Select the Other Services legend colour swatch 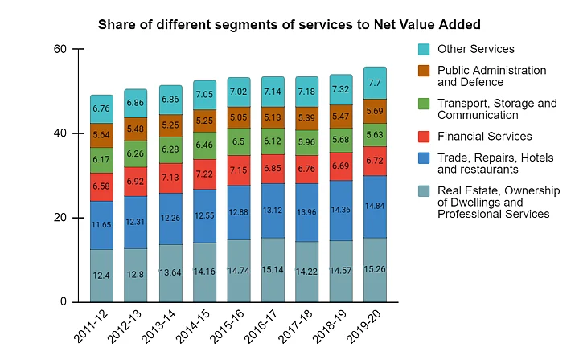coord(425,49)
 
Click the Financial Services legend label coord(484,136)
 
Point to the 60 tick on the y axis coord(60,49)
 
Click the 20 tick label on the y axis coord(60,218)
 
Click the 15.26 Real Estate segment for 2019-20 coord(376,269)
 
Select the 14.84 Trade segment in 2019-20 coord(376,207)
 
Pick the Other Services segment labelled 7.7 coord(376,83)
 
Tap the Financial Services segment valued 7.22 coord(204,174)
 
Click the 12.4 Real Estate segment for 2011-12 coord(101,276)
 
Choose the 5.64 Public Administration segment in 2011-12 coord(101,135)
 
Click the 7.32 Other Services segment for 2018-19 coord(341,89)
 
